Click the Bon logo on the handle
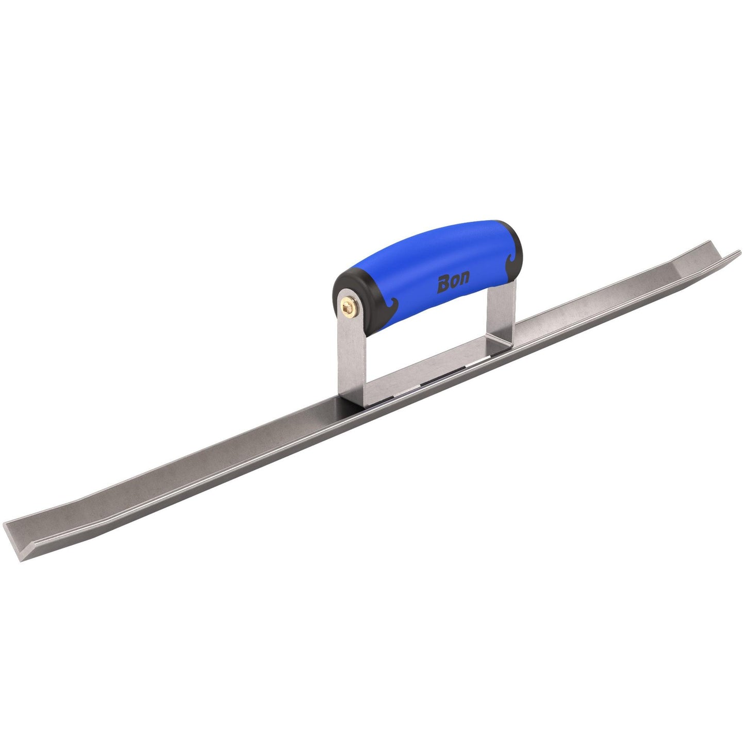pos(453,283)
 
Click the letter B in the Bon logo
pos(443,285)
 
